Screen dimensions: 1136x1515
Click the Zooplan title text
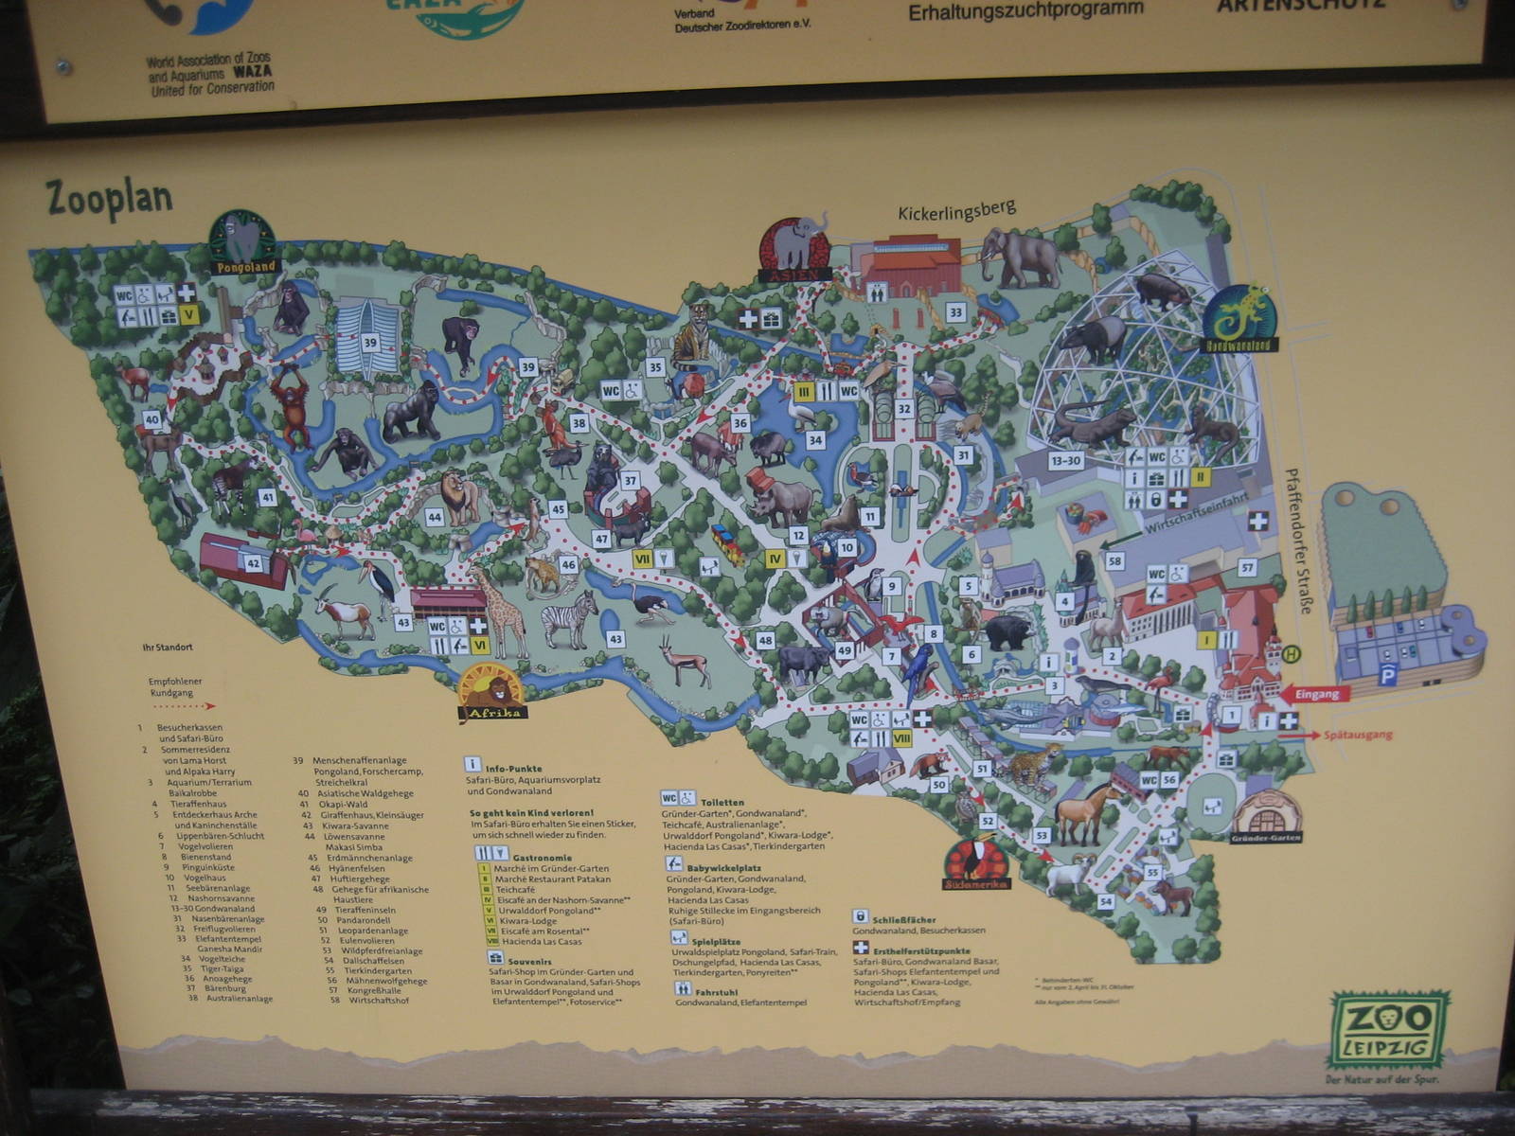pos(109,198)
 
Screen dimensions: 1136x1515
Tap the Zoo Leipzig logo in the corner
pos(1389,1029)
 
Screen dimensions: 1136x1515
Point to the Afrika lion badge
pos(490,693)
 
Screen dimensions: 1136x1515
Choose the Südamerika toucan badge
pos(976,862)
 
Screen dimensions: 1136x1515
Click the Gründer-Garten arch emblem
pos(1267,817)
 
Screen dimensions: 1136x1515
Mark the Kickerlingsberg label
pos(956,212)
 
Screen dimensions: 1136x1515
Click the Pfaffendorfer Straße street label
pos(1296,541)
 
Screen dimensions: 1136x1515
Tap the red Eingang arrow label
pos(1317,694)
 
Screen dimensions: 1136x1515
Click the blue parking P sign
pos(1388,675)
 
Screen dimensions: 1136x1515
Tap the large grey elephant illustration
pos(1021,257)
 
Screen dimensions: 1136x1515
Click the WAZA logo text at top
pos(210,73)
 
